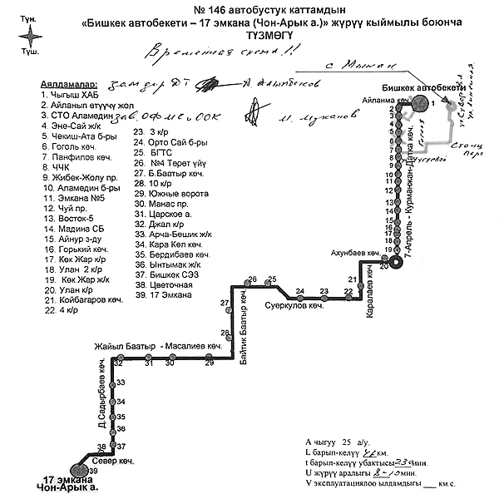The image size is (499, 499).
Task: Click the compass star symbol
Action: (31, 36)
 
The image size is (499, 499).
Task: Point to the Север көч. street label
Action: (113, 459)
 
